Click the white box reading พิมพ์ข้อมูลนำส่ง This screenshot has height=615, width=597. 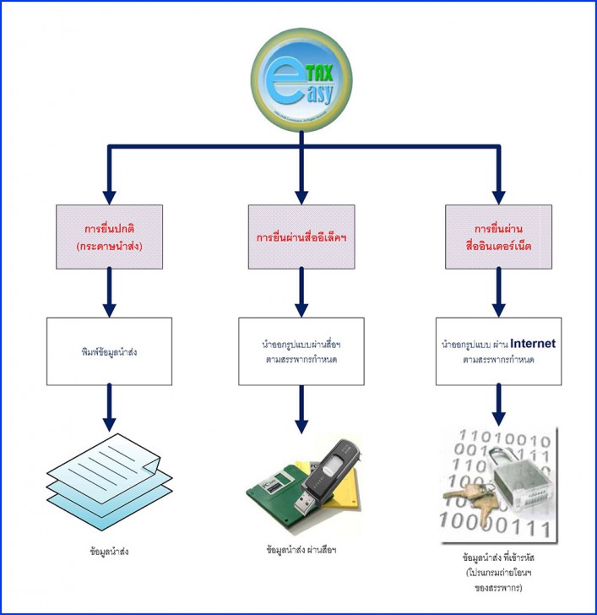tap(109, 350)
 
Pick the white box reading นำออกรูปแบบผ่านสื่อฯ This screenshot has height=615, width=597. tap(301, 350)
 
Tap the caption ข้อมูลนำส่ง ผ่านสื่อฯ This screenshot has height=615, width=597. tap(301, 550)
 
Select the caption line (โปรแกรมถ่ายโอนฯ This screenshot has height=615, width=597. tap(496, 572)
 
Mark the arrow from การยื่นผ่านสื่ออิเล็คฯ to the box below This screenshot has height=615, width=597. tap(301, 296)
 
